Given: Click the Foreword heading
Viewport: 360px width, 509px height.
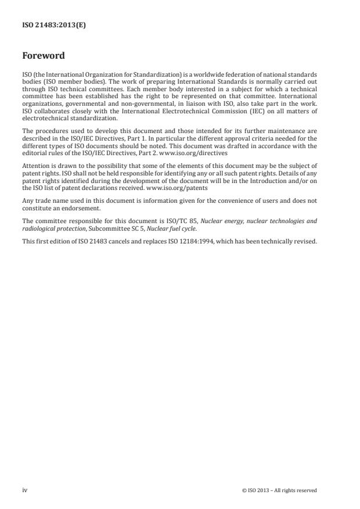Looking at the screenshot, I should pyautogui.click(x=43, y=56).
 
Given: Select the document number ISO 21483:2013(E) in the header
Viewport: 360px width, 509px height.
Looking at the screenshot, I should pyautogui.click(x=54, y=26).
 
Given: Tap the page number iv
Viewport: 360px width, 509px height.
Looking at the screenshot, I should pyautogui.click(x=24, y=490).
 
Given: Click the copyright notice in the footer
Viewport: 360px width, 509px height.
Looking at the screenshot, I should pyautogui.click(x=279, y=490).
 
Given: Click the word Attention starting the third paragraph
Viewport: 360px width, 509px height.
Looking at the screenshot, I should pyautogui.click(x=33, y=167).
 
